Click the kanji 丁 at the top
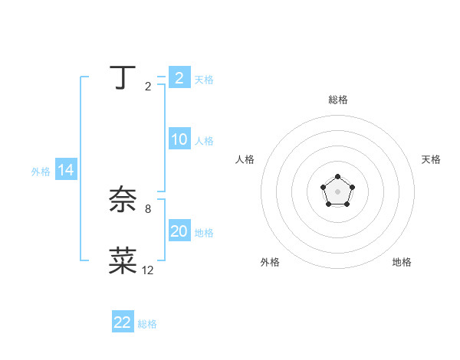(123, 77)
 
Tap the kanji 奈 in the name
(123, 201)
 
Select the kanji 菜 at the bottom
(123, 261)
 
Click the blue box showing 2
(179, 78)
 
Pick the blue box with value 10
(179, 139)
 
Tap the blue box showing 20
(179, 231)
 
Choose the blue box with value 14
(66, 170)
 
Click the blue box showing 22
(123, 322)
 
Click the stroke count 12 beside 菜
(147, 270)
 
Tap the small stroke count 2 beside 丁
(147, 87)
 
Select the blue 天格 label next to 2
(204, 80)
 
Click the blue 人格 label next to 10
(204, 141)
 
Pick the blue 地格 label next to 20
(204, 233)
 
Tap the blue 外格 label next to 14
(41, 172)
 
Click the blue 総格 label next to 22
(147, 324)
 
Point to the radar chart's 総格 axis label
(337, 100)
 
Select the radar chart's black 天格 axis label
(431, 159)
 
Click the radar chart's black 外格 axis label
(270, 262)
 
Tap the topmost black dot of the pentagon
(337, 177)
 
